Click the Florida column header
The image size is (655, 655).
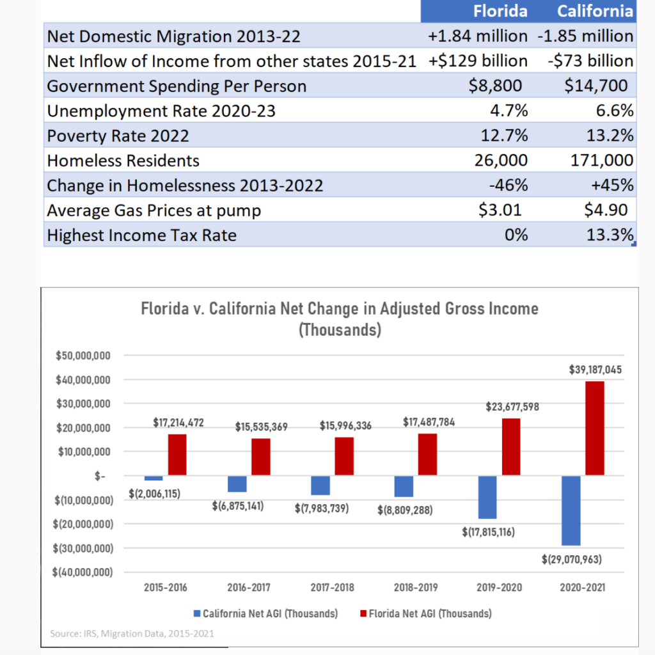[500, 11]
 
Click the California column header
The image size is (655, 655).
[595, 11]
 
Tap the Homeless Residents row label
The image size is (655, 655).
[123, 161]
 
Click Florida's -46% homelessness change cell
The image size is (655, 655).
[509, 185]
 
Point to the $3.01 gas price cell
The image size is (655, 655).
[500, 210]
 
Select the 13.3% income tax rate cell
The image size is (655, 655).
[610, 235]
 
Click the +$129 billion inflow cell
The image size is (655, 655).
[479, 61]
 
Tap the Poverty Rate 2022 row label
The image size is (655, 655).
[118, 136]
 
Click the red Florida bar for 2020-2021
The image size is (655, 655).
[594, 429]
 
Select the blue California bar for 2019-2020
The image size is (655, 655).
[487, 497]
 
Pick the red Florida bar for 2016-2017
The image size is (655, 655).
[261, 457]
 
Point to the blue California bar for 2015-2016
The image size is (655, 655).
[154, 478]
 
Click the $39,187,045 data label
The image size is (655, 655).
[594, 370]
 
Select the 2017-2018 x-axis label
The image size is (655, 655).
[332, 587]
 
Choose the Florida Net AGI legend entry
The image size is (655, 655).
[425, 613]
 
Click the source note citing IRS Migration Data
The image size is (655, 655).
[132, 634]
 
